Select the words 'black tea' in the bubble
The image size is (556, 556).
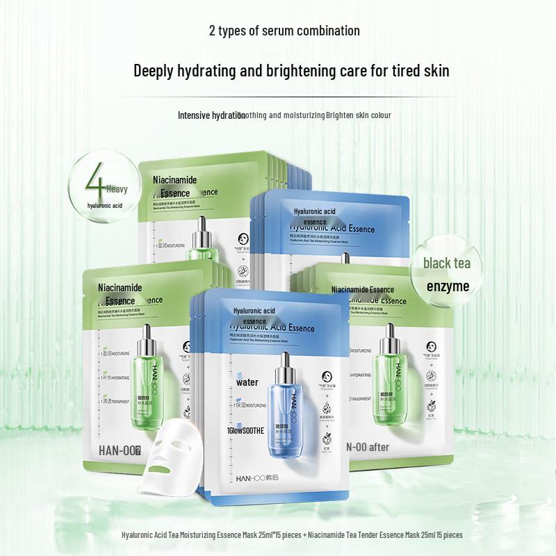447,263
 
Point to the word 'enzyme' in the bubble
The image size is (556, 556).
448,286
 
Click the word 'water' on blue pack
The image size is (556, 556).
246,382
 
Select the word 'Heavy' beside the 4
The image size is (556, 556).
117,188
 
